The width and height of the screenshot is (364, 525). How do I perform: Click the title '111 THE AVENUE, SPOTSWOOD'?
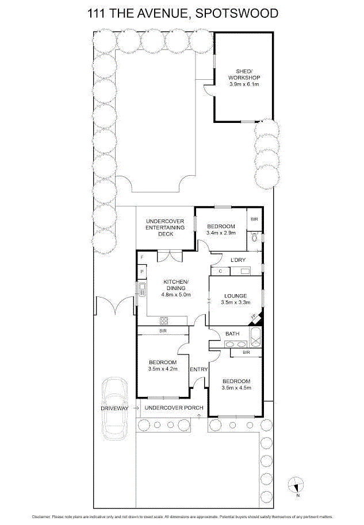coord(182,12)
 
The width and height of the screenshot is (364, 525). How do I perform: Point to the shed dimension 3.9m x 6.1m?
coord(244,84)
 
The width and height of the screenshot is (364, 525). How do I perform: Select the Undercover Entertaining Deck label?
coord(165,227)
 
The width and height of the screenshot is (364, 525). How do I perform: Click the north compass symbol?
coord(297,486)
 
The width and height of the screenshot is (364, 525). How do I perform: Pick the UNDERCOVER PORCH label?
coord(174,408)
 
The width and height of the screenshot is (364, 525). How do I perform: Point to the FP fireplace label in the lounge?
coord(252,316)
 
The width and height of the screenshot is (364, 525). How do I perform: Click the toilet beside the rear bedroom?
coord(255,236)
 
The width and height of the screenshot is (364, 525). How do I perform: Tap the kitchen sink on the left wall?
coord(141,289)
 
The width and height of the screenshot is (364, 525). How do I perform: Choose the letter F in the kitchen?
coord(141,257)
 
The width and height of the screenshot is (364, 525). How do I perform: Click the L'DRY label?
coord(238,260)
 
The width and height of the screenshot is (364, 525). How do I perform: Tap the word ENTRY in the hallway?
coord(198,369)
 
